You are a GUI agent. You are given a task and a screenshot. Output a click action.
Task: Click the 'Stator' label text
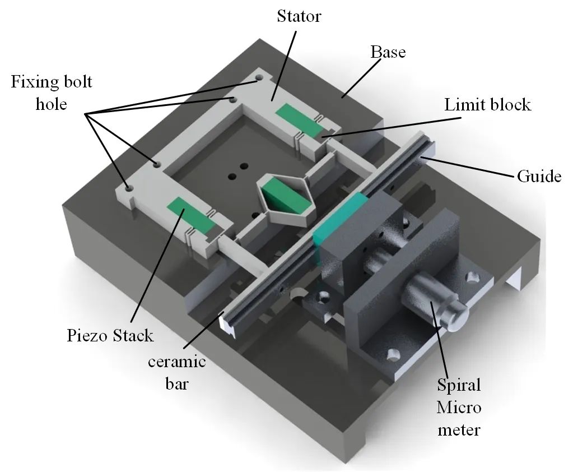(299, 16)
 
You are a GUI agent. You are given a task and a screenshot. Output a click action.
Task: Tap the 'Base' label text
(388, 52)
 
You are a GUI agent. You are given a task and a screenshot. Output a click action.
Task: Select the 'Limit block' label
(487, 105)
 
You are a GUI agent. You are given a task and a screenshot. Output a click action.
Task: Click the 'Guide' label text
(539, 176)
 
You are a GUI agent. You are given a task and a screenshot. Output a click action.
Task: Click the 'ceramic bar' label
(177, 373)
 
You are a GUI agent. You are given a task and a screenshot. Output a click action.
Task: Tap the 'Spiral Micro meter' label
(459, 408)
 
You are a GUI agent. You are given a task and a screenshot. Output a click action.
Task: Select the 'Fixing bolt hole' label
(52, 93)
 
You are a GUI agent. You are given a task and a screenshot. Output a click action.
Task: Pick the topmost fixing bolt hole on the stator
(259, 78)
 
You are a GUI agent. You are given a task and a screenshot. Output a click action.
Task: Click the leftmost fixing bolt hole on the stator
(128, 189)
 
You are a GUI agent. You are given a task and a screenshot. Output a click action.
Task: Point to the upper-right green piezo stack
(300, 120)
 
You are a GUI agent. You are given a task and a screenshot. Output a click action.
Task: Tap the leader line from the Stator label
(283, 66)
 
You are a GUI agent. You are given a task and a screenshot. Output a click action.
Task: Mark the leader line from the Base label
(361, 78)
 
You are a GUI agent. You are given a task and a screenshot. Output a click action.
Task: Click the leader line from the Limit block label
(391, 127)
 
